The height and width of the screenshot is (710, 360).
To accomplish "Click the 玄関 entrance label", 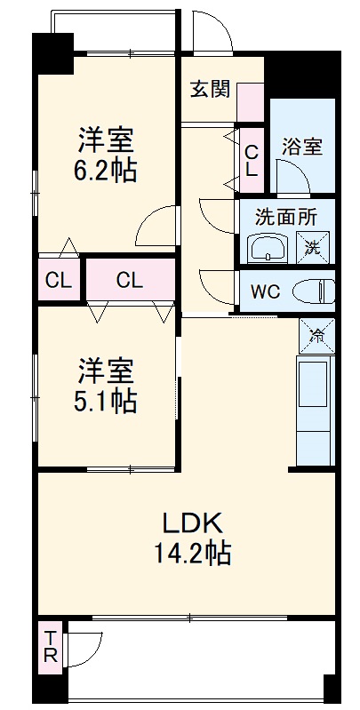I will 210,89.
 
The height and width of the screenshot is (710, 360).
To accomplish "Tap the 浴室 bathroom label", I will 302,148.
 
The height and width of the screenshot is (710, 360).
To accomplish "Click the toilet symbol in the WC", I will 312,290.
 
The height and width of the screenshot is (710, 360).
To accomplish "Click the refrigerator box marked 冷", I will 317,334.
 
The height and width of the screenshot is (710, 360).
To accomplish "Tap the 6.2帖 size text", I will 106,169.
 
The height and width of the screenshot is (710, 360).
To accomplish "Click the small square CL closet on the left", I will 59,282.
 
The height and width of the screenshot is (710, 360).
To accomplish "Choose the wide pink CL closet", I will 130,282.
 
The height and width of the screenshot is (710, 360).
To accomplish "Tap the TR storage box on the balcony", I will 51,648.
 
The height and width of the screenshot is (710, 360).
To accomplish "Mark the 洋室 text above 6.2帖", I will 106,140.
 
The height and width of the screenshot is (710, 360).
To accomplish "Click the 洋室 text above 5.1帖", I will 106,369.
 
